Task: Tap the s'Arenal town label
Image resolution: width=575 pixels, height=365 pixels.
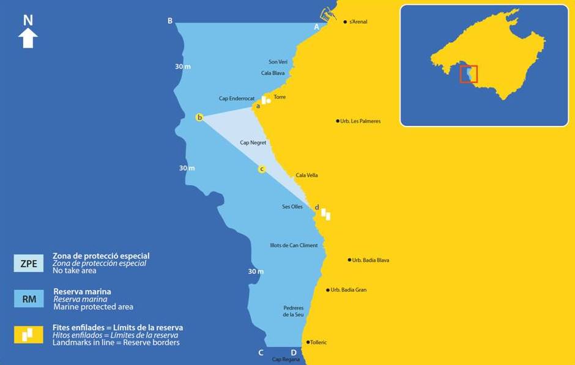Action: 358,22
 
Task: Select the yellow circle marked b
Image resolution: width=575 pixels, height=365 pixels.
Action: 199,117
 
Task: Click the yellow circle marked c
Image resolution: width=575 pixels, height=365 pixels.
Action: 262,169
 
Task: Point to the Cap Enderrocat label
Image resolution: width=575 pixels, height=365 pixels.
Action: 237,98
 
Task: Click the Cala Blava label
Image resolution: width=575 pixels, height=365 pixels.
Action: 273,73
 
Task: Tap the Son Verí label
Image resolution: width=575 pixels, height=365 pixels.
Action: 278,62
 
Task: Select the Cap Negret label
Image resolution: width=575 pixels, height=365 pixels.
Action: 253,142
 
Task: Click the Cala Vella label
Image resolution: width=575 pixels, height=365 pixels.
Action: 306,175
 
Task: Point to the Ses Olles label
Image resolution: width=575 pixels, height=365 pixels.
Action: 292,207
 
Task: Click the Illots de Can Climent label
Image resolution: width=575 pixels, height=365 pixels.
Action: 294,245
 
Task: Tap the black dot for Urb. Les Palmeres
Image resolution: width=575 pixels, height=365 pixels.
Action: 338,121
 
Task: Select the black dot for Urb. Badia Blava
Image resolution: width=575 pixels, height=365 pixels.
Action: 349,260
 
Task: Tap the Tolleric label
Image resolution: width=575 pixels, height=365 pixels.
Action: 319,342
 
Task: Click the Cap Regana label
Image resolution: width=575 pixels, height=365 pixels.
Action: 286,359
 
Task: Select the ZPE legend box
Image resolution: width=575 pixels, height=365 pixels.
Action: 29,264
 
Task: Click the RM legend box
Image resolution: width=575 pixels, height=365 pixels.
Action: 29,299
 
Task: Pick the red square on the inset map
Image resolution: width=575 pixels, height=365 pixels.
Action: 469,74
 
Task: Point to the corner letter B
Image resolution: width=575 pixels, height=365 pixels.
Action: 170,21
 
